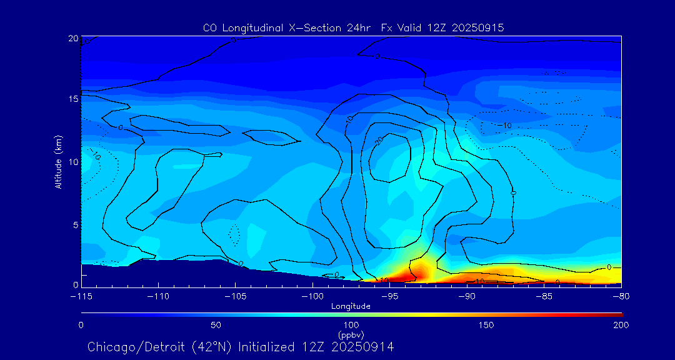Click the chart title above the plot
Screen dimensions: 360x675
[353, 27]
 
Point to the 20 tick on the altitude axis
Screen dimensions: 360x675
[73, 39]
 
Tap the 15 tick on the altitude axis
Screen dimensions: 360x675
[73, 99]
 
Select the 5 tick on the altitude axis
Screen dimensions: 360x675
[73, 224]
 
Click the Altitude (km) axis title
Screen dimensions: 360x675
[59, 161]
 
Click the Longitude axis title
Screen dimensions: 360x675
[351, 306]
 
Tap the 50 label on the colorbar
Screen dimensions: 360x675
[216, 326]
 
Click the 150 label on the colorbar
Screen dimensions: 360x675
[486, 326]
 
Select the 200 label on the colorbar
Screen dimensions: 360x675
[621, 326]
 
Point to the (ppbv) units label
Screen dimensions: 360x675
[351, 335]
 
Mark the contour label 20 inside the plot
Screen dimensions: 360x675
[379, 141]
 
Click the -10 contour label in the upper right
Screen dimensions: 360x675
[504, 126]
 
